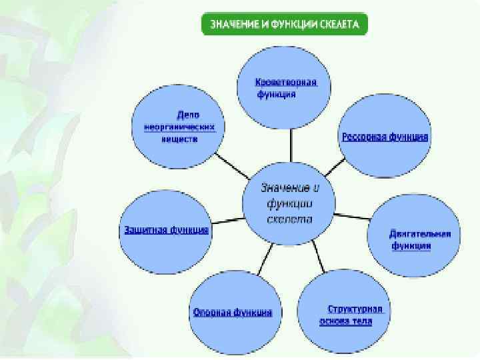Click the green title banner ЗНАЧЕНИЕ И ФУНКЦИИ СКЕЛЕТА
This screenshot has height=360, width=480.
(x=285, y=25)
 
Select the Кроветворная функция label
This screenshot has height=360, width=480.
(x=285, y=87)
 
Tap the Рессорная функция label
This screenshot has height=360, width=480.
(x=385, y=136)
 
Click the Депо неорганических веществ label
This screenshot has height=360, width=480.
(x=179, y=126)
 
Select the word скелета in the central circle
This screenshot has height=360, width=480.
(x=289, y=219)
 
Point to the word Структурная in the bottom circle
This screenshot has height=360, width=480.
(x=355, y=309)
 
